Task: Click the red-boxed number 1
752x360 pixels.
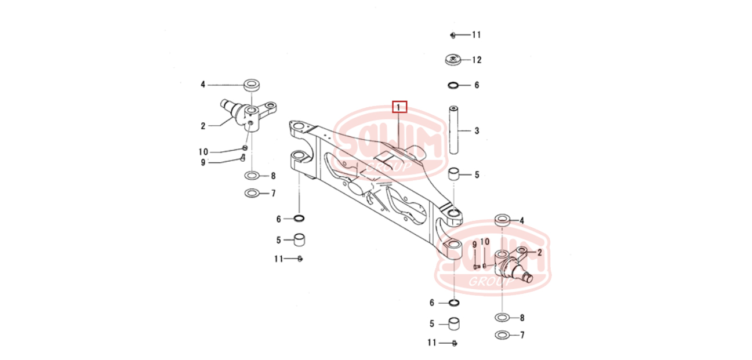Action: [399, 107]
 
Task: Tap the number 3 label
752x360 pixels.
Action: [477, 131]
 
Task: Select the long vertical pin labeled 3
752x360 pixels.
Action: [453, 130]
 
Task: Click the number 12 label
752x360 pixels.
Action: [477, 60]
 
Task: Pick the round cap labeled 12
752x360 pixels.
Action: [453, 60]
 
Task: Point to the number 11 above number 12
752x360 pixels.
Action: [477, 35]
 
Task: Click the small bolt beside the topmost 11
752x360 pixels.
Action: [453, 35]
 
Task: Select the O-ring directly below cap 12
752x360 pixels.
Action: [453, 86]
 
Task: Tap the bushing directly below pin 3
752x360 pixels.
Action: [453, 174]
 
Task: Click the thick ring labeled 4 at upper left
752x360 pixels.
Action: [252, 85]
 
